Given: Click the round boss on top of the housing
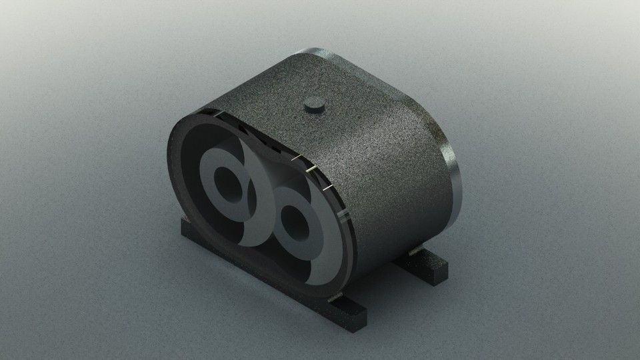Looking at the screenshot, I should point(312,105).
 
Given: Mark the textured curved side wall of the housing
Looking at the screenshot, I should point(387,173).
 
